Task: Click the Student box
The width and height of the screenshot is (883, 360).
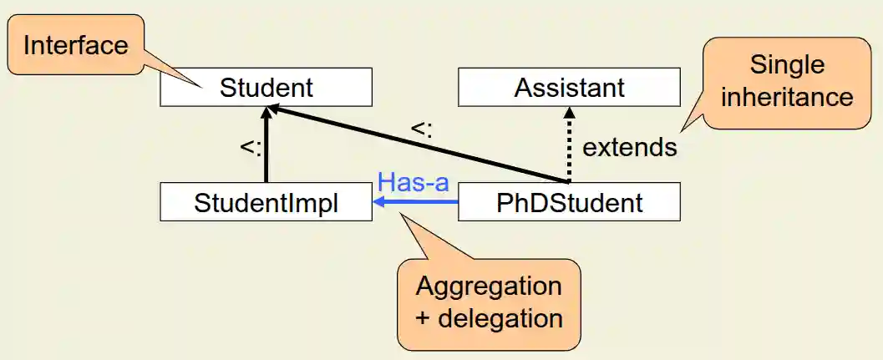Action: [x=266, y=88]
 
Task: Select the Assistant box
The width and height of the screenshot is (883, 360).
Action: [x=569, y=88]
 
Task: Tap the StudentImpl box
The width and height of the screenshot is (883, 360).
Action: [x=266, y=203]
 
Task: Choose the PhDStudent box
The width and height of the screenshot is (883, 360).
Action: [x=569, y=203]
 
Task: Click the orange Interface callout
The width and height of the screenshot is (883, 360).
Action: [x=75, y=44]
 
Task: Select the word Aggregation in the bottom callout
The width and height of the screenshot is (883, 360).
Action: [x=489, y=286]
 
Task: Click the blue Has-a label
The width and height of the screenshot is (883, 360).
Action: [x=414, y=182]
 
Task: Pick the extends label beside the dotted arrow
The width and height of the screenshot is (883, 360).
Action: [x=629, y=148]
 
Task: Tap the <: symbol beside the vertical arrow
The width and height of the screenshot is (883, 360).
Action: [x=251, y=147]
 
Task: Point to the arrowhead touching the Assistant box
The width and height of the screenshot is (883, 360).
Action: [x=570, y=112]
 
